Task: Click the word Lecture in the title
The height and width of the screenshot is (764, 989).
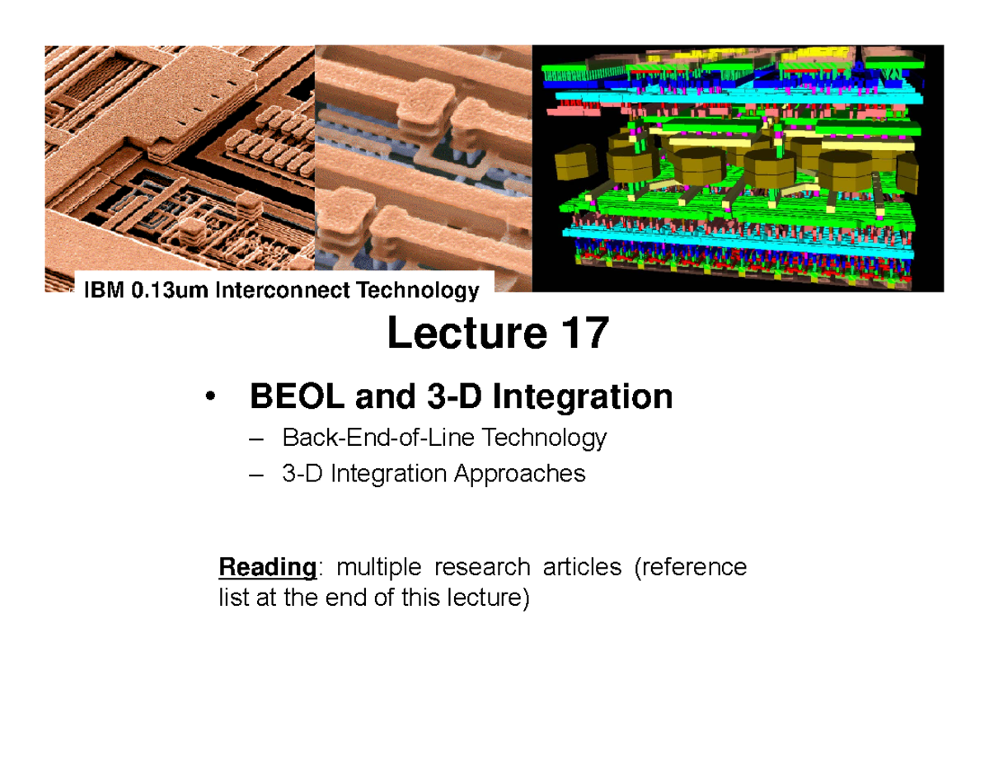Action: (x=463, y=334)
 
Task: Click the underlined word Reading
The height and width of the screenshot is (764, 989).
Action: (x=266, y=568)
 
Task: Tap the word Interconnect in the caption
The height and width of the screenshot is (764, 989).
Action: (x=265, y=290)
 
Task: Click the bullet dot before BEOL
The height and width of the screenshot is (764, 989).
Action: (x=213, y=398)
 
